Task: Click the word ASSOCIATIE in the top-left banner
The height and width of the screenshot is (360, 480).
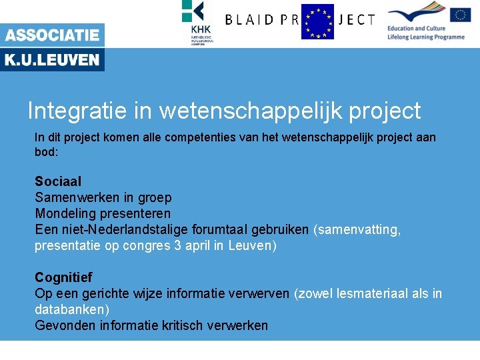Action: click(52, 35)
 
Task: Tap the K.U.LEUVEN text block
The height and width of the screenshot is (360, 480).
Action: click(52, 61)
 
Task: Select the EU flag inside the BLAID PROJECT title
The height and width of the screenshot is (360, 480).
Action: click(317, 21)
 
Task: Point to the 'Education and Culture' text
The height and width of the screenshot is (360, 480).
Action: click(416, 29)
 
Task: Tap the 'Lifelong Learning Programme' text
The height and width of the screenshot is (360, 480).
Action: click(425, 37)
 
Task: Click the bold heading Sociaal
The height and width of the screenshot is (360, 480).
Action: click(58, 181)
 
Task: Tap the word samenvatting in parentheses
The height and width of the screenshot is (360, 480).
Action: click(359, 229)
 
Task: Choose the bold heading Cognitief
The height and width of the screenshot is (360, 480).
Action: click(63, 277)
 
